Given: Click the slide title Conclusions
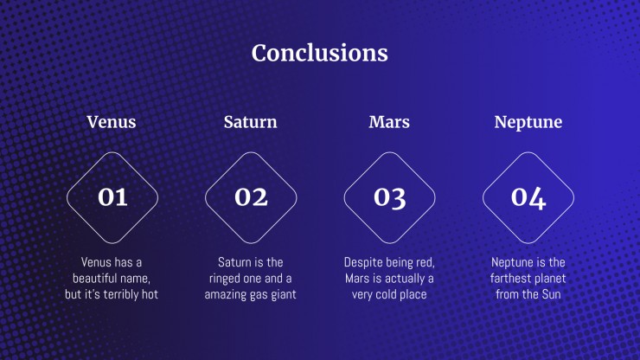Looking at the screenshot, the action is [x=320, y=53].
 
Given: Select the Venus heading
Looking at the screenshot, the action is [x=112, y=122].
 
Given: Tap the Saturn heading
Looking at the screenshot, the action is [x=250, y=122].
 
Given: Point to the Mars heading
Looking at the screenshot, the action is [x=389, y=122].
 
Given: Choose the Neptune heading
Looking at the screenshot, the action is [x=528, y=123].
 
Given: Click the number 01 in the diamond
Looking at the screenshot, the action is [x=112, y=197].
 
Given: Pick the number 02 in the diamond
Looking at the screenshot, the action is [x=251, y=197].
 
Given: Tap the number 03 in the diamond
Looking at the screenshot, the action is [x=390, y=198].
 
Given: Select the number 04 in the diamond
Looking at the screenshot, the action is [x=528, y=198].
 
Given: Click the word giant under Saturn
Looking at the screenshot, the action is [x=282, y=295].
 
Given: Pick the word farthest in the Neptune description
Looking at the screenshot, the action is [x=509, y=279].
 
